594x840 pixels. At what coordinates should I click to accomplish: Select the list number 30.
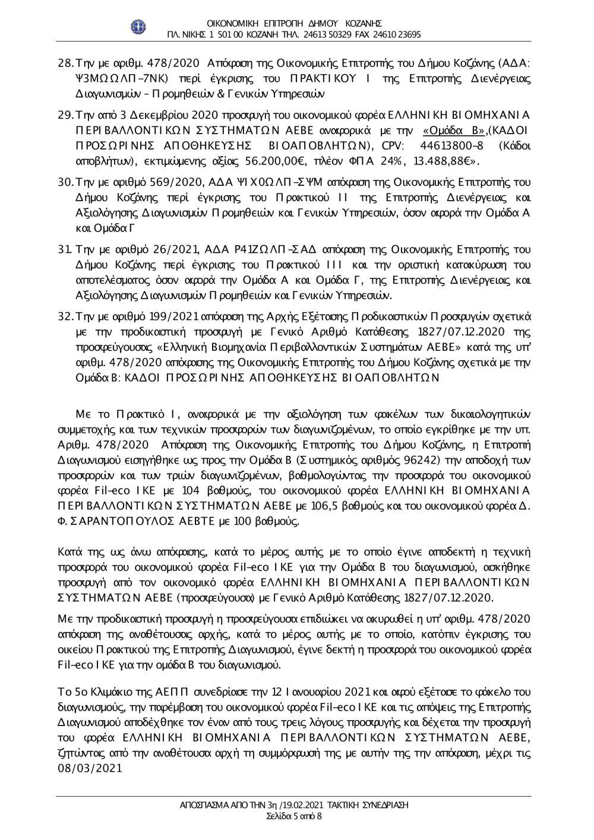(64, 182)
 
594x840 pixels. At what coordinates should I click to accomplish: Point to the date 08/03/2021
(90, 768)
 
